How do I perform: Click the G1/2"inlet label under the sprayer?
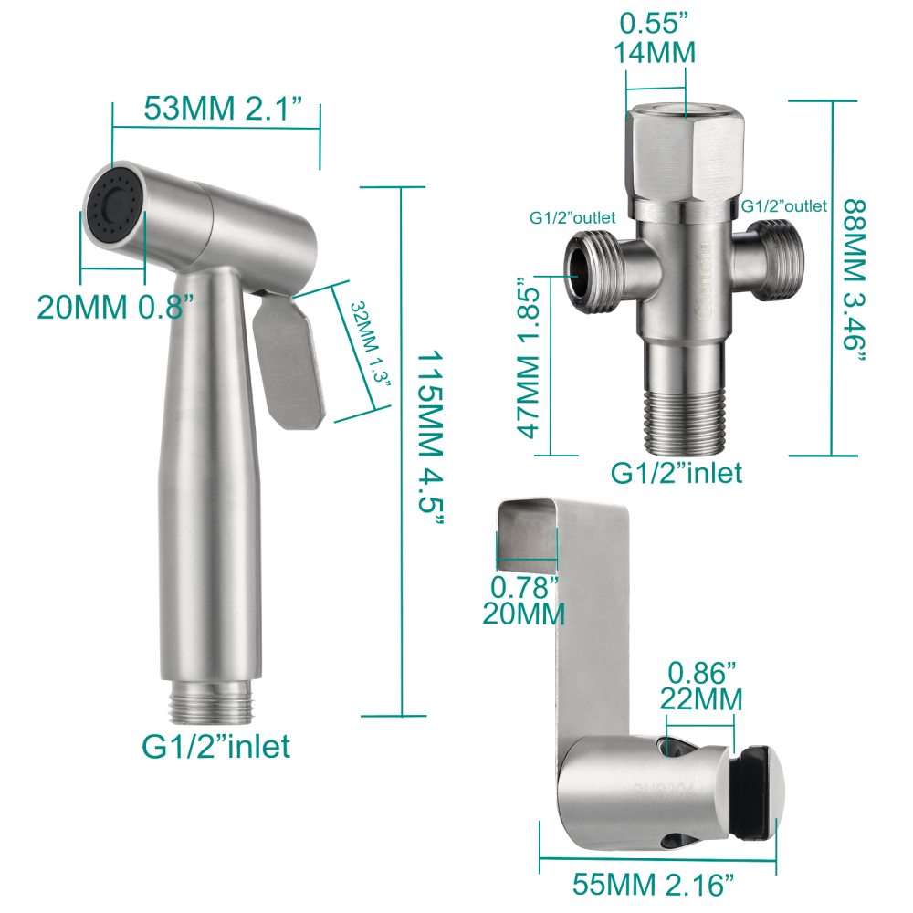[216, 746]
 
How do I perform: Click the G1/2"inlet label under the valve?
[676, 472]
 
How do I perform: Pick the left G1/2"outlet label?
[572, 217]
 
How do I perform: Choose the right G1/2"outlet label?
[783, 206]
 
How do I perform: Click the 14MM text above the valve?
[655, 53]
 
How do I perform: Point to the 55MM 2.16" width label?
[654, 885]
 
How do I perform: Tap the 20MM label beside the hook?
[523, 614]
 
